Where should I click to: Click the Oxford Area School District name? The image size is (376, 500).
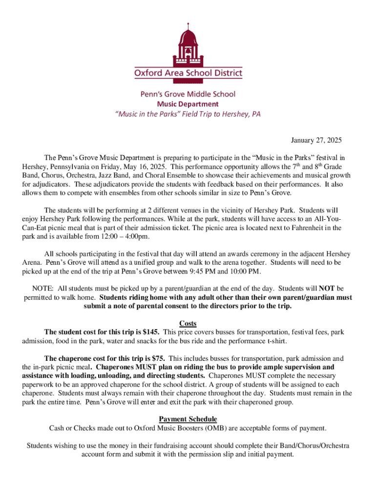(x=188, y=73)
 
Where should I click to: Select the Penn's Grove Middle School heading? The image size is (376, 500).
(x=188, y=94)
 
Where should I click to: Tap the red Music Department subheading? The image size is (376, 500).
(x=188, y=104)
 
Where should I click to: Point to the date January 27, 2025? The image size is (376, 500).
(x=317, y=141)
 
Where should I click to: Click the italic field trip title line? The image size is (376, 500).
(x=188, y=114)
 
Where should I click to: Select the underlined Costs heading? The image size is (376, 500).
(x=188, y=323)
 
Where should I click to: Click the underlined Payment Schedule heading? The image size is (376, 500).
(x=188, y=419)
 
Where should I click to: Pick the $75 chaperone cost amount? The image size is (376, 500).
(x=158, y=358)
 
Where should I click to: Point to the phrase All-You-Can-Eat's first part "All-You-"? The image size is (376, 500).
(x=328, y=219)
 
